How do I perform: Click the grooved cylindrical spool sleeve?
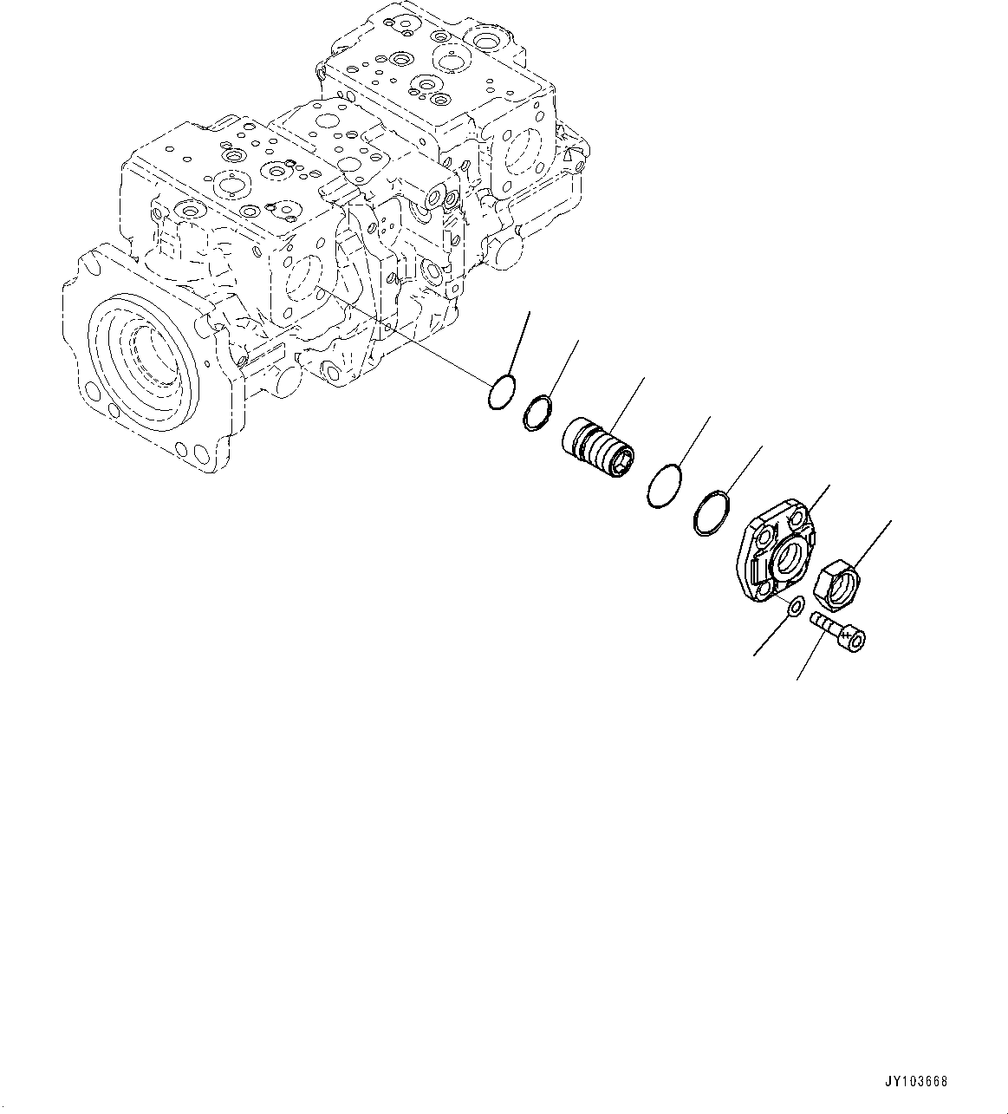coord(598,447)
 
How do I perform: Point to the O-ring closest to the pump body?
coord(501,393)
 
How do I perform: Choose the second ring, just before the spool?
coord(539,411)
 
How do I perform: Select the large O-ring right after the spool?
coord(665,485)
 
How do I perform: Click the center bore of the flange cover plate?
coord(789,556)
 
